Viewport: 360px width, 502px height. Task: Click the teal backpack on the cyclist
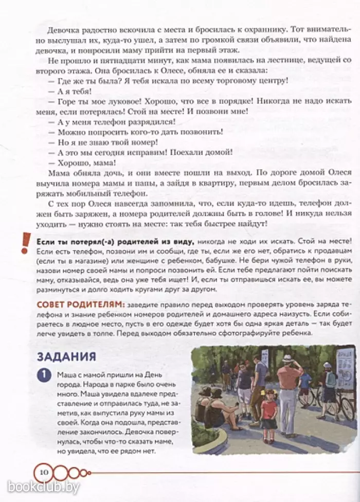331,379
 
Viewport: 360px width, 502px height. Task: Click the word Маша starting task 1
67,374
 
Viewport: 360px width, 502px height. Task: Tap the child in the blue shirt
305,383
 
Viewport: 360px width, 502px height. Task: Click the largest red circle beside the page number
61,471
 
